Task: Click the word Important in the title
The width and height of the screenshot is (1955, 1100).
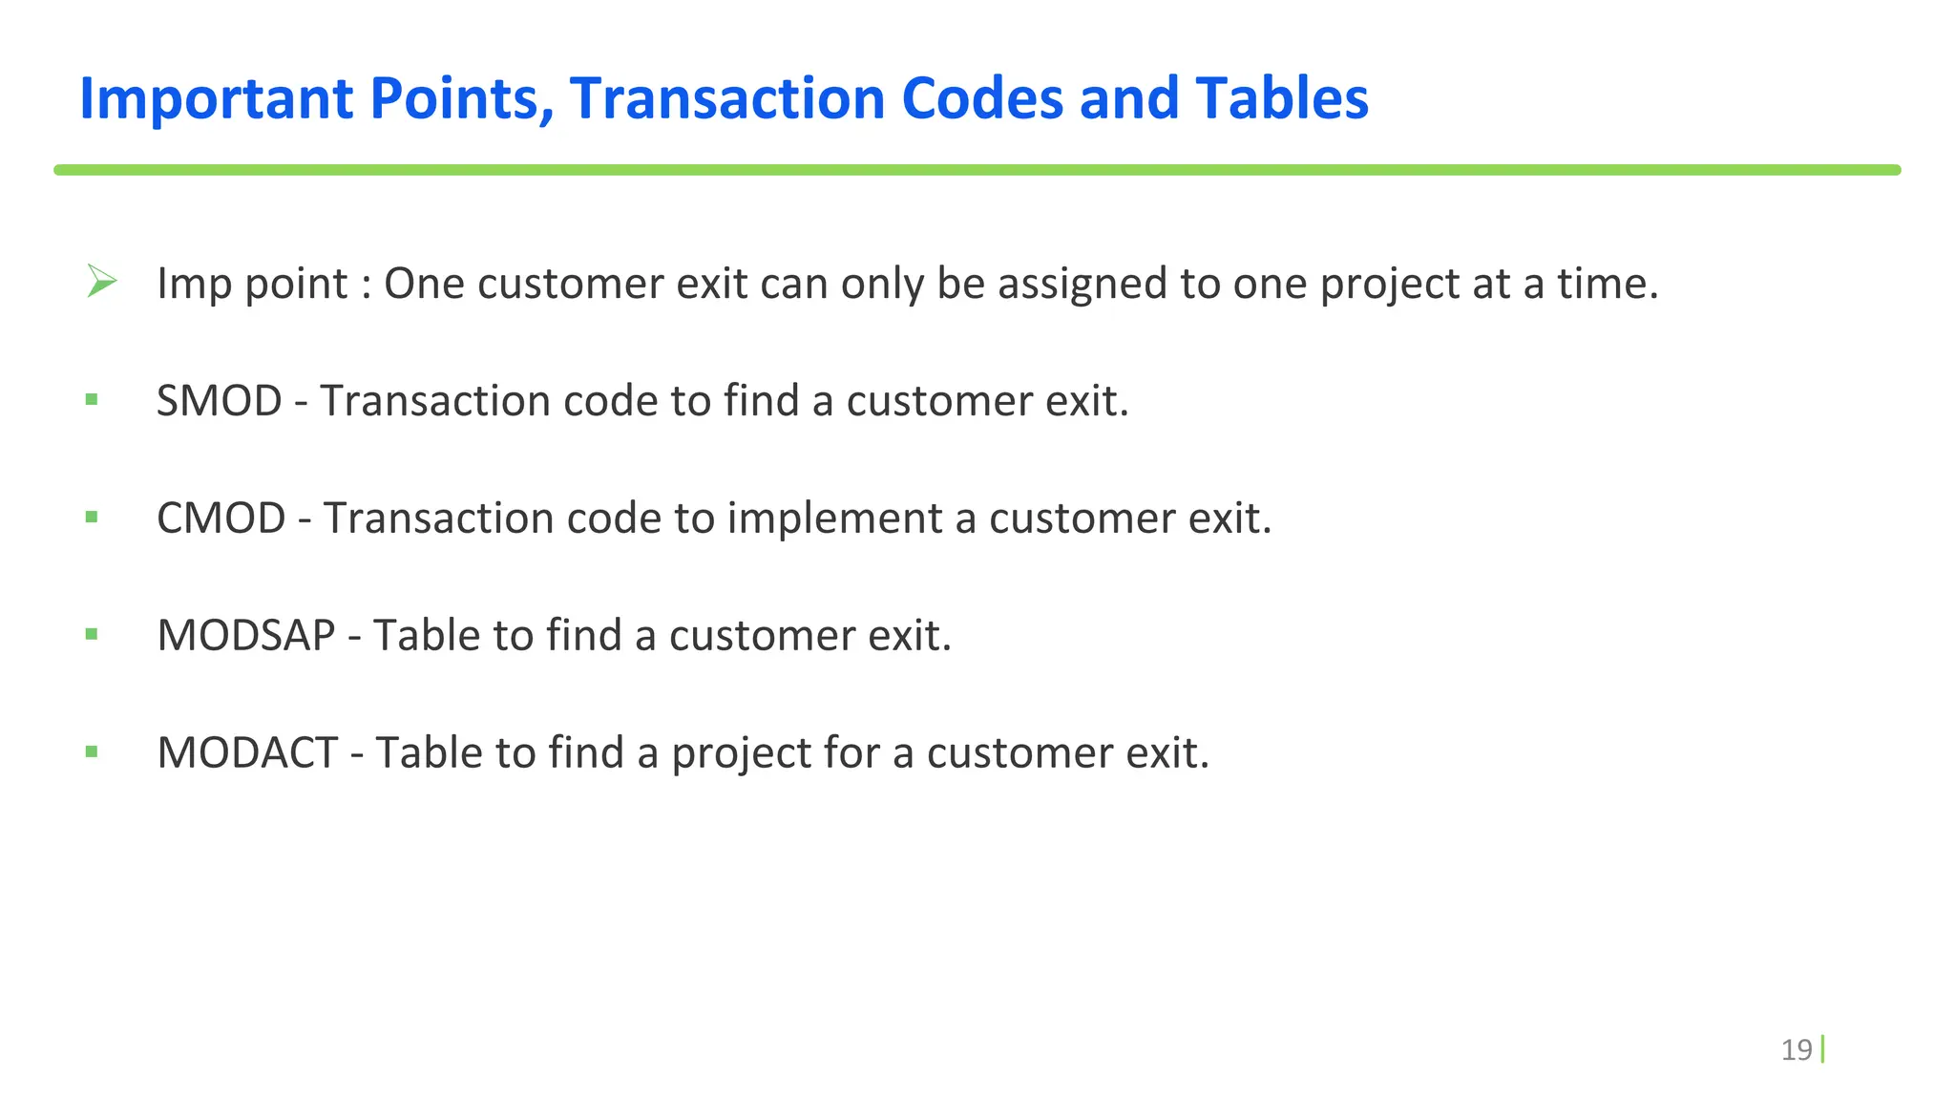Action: click(216, 98)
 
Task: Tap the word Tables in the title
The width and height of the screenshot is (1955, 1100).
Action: click(1281, 98)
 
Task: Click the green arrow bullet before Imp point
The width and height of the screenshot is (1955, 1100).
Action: click(101, 281)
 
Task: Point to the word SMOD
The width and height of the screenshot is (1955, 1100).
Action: click(219, 400)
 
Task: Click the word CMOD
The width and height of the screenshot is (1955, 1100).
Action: click(221, 518)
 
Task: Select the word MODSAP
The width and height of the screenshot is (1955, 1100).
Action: click(245, 635)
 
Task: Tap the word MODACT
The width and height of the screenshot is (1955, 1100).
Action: click(247, 752)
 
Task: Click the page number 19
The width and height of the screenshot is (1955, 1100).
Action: click(1796, 1049)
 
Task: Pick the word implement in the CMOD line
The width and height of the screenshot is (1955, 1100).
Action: click(834, 518)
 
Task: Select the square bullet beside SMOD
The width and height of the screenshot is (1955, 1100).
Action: click(92, 399)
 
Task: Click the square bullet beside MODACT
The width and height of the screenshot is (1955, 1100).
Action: click(92, 751)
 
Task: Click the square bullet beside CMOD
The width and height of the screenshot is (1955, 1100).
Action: click(92, 517)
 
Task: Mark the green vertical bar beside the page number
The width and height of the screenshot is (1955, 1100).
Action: click(1822, 1048)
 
